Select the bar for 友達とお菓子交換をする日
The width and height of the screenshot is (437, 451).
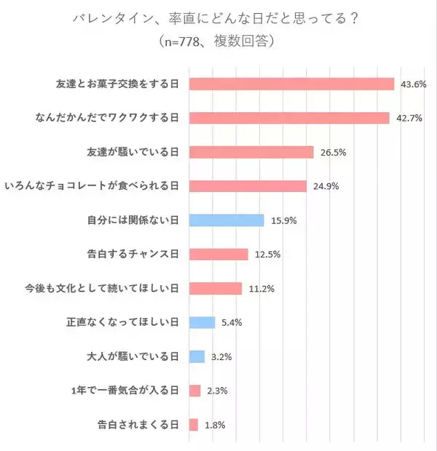click(x=291, y=84)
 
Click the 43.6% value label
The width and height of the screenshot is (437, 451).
click(x=413, y=84)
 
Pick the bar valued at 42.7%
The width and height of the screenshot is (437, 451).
click(x=289, y=118)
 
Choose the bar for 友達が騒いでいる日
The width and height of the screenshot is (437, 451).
click(x=251, y=152)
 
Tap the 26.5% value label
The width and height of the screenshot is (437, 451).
click(x=331, y=152)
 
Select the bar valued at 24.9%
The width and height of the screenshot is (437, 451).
click(x=248, y=186)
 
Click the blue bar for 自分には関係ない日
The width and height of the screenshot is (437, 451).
click(x=226, y=220)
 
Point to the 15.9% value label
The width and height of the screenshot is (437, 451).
click(x=283, y=220)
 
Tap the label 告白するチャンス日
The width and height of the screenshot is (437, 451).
click(x=133, y=255)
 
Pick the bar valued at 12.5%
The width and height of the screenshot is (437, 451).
click(x=219, y=255)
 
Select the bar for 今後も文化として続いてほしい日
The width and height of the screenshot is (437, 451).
click(x=215, y=288)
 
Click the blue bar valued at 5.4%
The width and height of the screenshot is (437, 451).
click(x=202, y=322)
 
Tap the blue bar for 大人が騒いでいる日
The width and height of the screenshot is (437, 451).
click(x=197, y=356)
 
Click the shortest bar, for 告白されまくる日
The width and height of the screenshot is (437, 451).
click(x=193, y=425)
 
